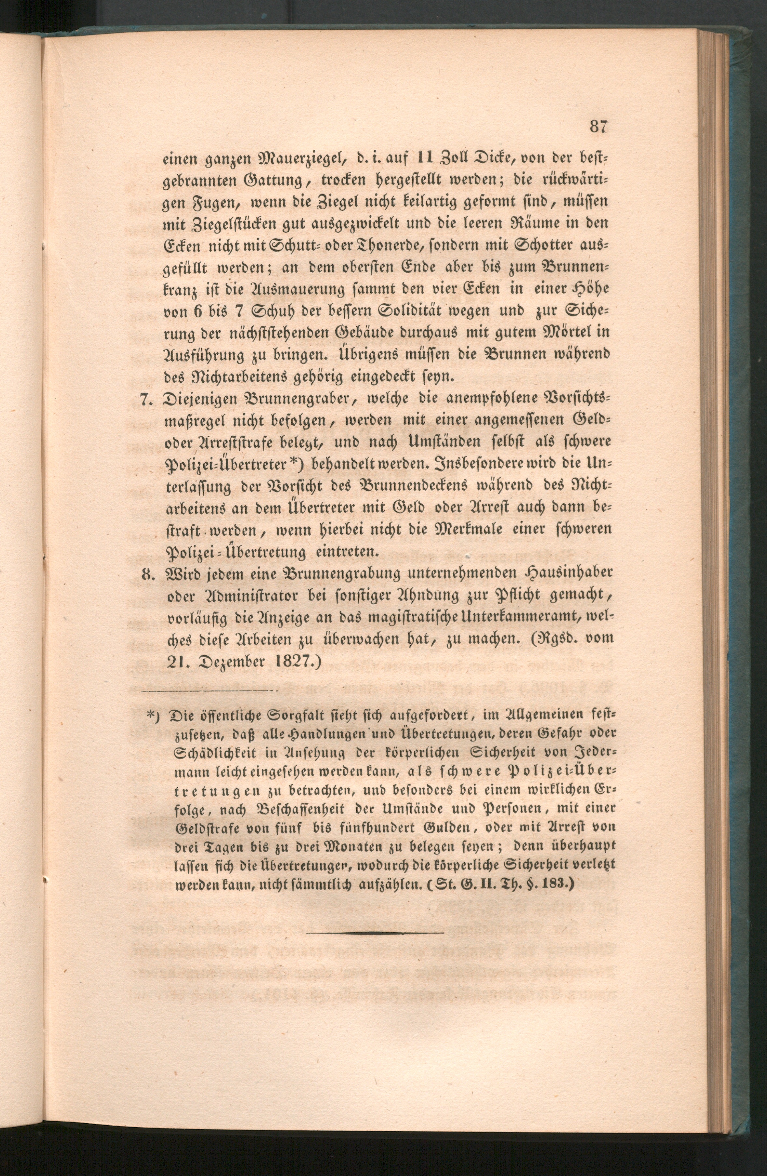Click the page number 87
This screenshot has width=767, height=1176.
597,127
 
